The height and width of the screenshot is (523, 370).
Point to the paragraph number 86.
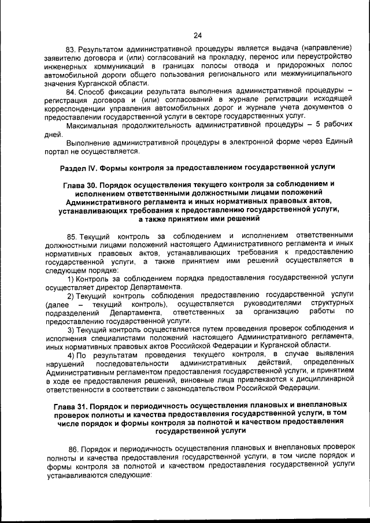73,450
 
